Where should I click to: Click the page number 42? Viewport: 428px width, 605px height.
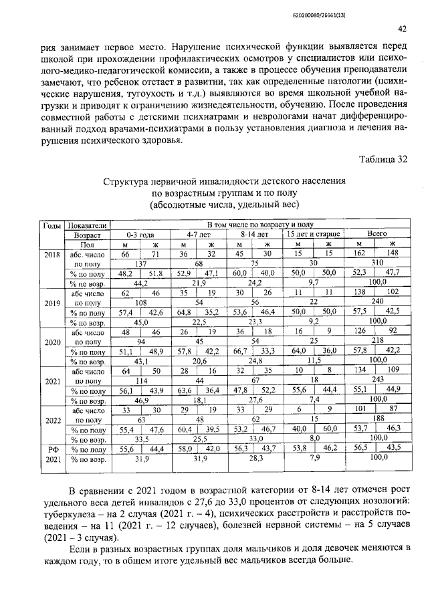pos(402,29)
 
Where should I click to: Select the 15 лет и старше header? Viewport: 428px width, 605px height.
pos(313,235)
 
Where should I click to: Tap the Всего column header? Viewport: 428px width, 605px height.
pos(377,235)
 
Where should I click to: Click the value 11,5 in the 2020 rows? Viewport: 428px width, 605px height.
pos(313,360)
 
